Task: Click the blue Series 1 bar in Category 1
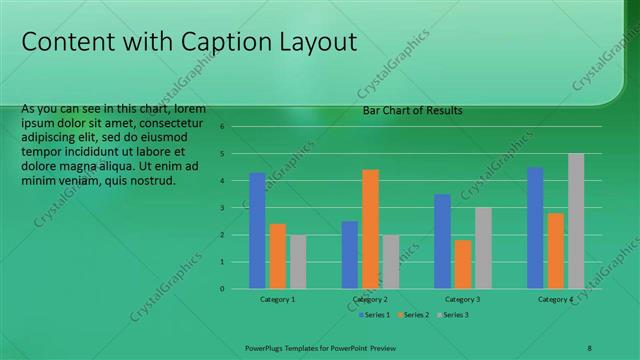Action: [257, 231]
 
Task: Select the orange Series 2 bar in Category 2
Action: [370, 229]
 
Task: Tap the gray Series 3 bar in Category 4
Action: [576, 221]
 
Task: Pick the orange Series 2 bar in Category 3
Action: [463, 264]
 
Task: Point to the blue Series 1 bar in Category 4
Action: [535, 228]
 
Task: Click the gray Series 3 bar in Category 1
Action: [298, 262]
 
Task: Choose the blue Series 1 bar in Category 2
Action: [350, 255]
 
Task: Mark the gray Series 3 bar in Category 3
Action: [483, 248]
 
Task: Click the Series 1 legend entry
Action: [374, 315]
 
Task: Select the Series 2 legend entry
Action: [414, 315]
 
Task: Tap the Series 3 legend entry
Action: [455, 315]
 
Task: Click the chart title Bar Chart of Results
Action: [412, 111]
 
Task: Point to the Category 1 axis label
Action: [278, 299]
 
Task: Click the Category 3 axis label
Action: [463, 299]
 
